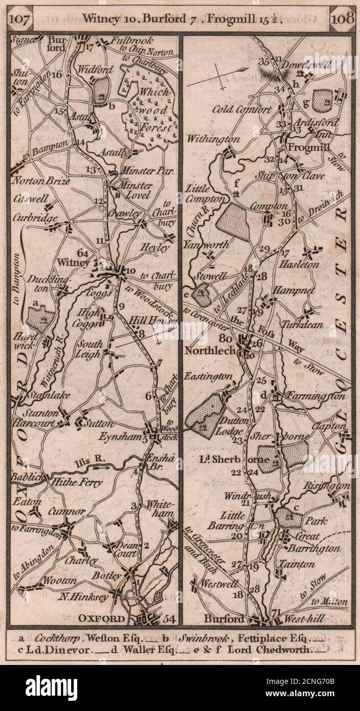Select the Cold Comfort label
[x=242, y=109]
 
